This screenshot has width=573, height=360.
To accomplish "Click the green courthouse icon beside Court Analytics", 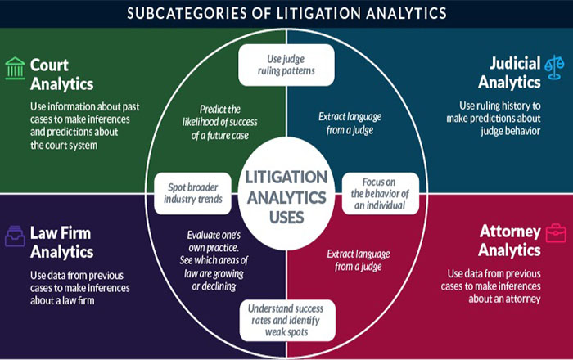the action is pyautogui.click(x=15, y=68).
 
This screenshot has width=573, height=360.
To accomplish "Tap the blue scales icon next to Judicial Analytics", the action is pyautogui.click(x=554, y=67).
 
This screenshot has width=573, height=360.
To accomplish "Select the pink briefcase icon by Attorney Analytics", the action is pyautogui.click(x=556, y=233).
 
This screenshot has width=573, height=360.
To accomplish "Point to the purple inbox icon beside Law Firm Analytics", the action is pyautogui.click(x=15, y=236).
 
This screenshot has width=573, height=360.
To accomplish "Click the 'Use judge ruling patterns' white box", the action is pyautogui.click(x=286, y=65).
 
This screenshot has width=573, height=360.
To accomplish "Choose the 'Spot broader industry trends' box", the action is pyautogui.click(x=192, y=193).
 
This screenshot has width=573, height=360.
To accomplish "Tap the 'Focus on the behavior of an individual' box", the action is pyautogui.click(x=380, y=193).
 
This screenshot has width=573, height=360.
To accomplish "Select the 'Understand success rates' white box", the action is pyautogui.click(x=287, y=320).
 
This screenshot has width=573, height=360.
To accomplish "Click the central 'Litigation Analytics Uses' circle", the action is pyautogui.click(x=286, y=194).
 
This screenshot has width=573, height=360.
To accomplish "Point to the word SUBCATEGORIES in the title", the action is pyautogui.click(x=187, y=14).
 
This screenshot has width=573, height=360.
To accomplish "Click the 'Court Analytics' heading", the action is pyautogui.click(x=61, y=74).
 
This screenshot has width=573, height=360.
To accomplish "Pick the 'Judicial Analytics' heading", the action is pyautogui.click(x=509, y=73).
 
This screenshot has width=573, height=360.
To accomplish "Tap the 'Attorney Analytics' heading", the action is pyautogui.click(x=509, y=241).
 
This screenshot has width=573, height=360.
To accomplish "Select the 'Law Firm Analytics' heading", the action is pyautogui.click(x=61, y=242).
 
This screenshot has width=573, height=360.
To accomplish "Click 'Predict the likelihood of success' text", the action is pyautogui.click(x=220, y=122).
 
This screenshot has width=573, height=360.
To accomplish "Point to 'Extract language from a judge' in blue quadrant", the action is pyautogui.click(x=350, y=123).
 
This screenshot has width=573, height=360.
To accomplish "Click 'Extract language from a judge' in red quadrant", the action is pyautogui.click(x=359, y=260).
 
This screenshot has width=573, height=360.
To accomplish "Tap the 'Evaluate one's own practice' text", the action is pyautogui.click(x=214, y=260).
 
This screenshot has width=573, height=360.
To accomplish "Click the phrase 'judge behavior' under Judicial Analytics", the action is pyautogui.click(x=511, y=131).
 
